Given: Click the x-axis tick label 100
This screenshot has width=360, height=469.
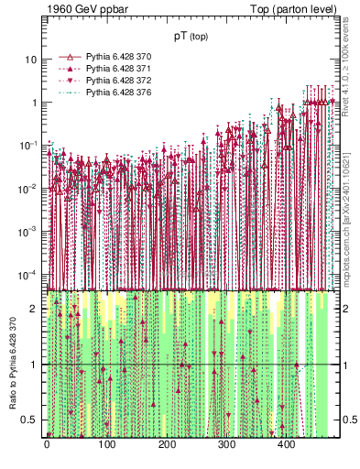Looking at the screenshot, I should pos(106,445).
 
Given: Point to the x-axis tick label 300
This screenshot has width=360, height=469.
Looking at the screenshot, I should pos(226,445).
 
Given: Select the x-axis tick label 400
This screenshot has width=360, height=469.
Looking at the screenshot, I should pos(286,445).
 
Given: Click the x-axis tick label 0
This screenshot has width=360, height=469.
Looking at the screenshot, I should pos(47,445).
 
